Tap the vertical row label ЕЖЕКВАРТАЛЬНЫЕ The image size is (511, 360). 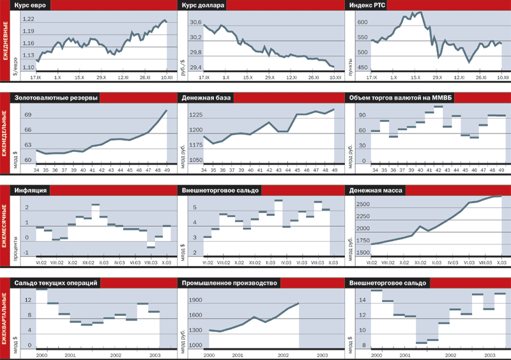point(4,319)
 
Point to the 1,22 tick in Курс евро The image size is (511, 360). point(28,19)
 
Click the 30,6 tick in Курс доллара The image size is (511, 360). point(195,23)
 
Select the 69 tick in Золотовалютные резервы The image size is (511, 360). point(28,115)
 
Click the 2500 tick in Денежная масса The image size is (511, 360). point(363,204)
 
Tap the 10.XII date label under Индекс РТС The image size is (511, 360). point(500,77)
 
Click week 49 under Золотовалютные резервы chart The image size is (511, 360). point(167,170)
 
